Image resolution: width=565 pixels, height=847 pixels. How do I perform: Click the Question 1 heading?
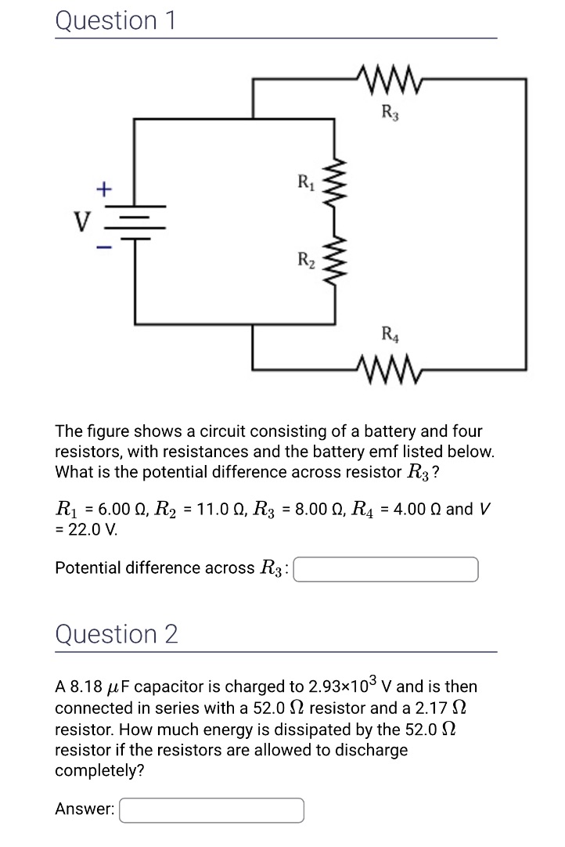pos(116,20)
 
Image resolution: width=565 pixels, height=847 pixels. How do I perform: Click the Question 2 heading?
pos(117,634)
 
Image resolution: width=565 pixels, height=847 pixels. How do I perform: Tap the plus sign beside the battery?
pos(103,188)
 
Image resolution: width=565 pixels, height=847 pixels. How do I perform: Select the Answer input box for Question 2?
pos(211,810)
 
